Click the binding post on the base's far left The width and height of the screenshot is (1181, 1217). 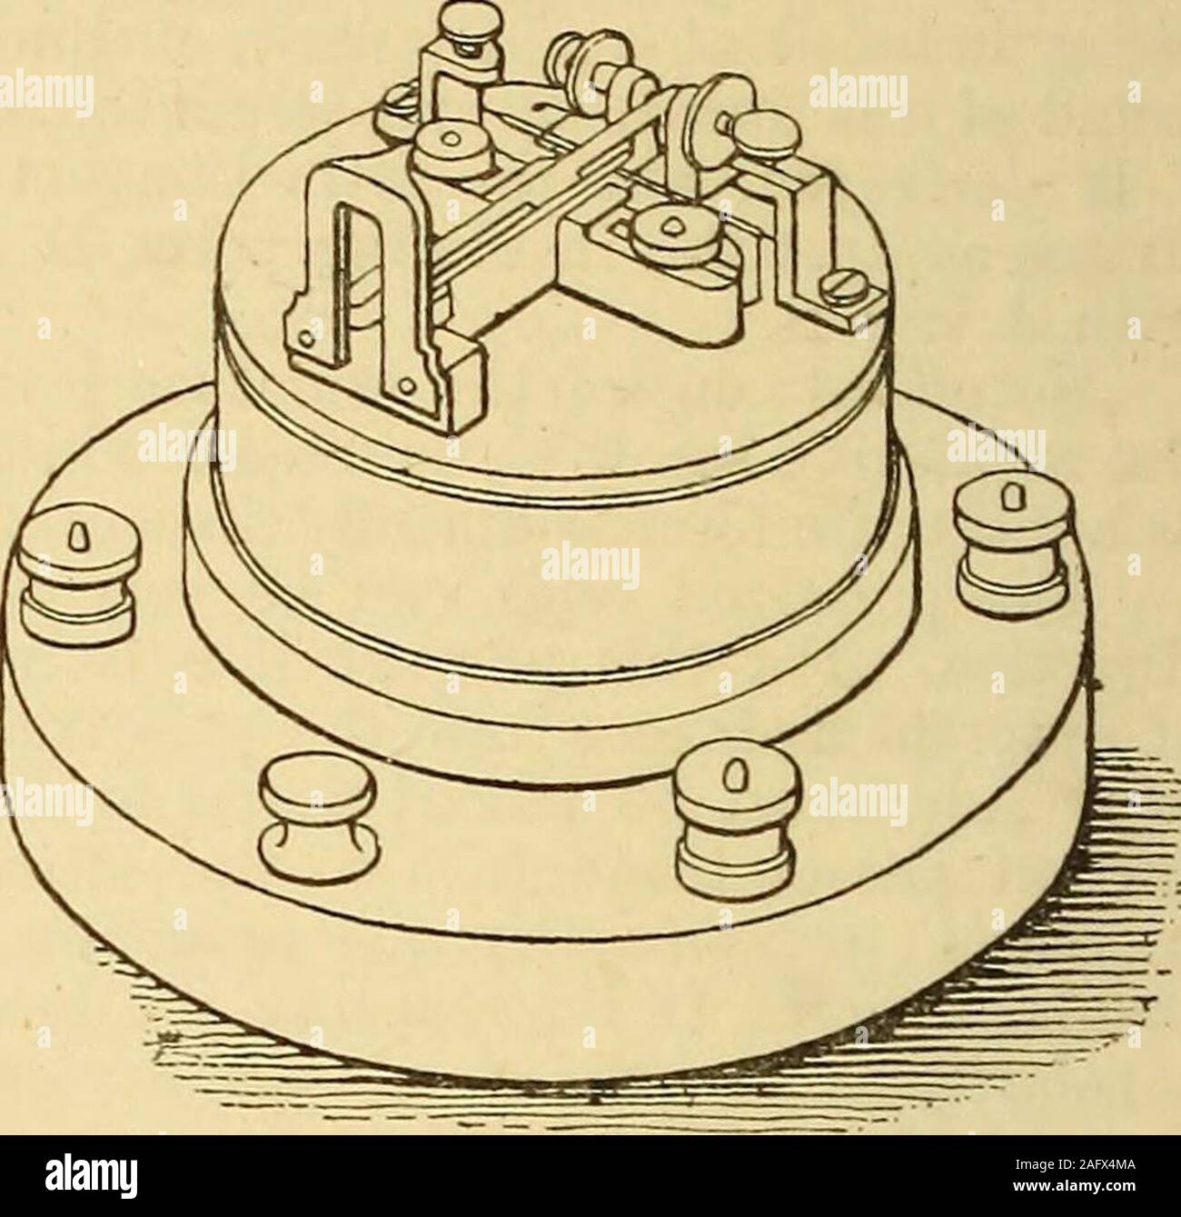click(x=79, y=579)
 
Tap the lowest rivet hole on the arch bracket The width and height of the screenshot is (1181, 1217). click(x=406, y=387)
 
